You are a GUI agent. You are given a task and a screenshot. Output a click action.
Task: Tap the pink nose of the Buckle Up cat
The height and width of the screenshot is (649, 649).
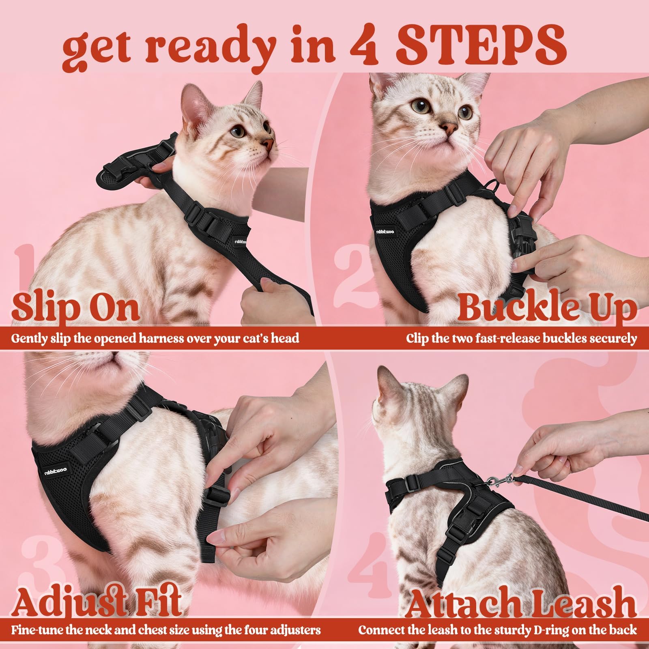click(449, 129)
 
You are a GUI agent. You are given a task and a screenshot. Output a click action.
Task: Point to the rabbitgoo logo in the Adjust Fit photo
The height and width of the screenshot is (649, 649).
click(56, 469)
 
